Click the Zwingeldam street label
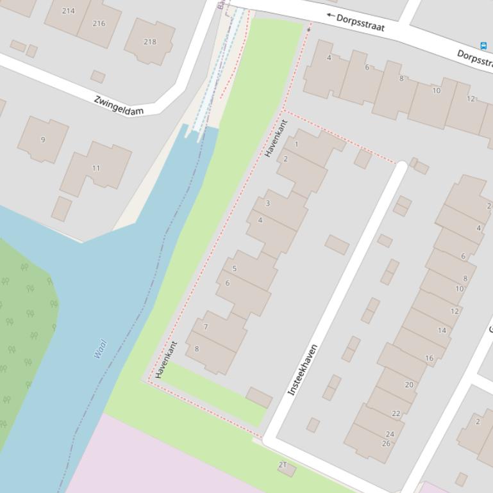[x=119, y=106]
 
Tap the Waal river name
[x=99, y=349]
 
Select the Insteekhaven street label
[x=303, y=370]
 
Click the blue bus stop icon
[x=483, y=45]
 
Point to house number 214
[x=68, y=11]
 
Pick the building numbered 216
[x=99, y=23]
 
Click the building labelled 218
[x=149, y=42]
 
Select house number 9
[x=43, y=140]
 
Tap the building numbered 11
[x=96, y=168]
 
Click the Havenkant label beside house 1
[x=276, y=138]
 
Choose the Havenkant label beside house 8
[x=165, y=359]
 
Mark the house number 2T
[x=283, y=465]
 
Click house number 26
[x=386, y=443]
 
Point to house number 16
[x=429, y=358]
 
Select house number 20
[x=409, y=385]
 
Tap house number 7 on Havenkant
[x=206, y=327]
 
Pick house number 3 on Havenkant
[x=267, y=204]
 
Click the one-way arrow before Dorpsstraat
[x=331, y=15]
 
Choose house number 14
[x=442, y=330]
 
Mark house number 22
[x=396, y=414]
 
